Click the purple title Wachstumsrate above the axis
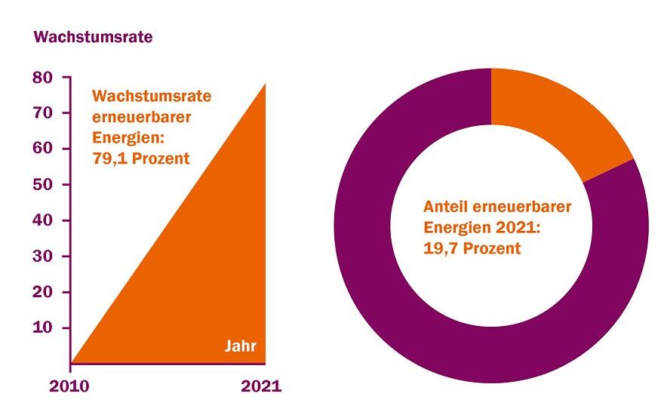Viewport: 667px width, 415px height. (94, 36)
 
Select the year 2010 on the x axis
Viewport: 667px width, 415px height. (69, 386)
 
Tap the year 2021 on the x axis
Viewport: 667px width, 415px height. (261, 386)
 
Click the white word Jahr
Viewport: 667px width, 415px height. (241, 347)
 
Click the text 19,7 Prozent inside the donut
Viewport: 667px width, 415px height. (472, 247)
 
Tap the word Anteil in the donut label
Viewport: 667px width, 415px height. (446, 206)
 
